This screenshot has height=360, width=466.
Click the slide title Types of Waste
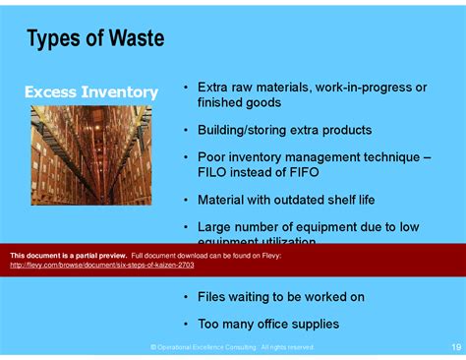point(95,40)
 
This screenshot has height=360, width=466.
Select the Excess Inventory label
point(90,92)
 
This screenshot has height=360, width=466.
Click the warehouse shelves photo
point(90,154)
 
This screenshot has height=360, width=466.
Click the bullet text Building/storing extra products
point(284,130)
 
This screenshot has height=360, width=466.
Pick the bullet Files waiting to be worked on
point(281,296)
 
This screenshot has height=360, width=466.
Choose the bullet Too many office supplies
point(268,323)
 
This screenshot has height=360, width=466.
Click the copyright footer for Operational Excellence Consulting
point(232,347)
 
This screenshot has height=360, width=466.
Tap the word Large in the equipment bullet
point(216,226)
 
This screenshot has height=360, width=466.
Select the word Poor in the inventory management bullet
point(213,157)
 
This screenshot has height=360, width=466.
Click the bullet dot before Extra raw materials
point(185,89)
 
